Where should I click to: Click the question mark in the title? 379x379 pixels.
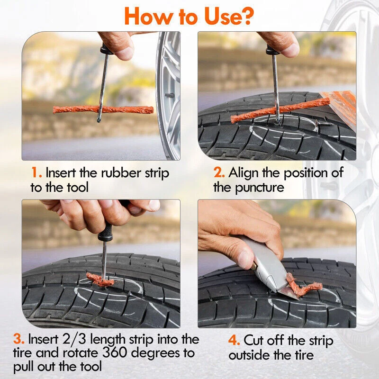point(246,16)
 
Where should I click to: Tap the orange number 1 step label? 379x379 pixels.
point(36,173)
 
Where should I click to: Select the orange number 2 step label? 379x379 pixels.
point(219,173)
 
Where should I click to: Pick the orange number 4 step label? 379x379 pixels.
point(234,340)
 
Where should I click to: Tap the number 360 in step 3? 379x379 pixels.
point(114,352)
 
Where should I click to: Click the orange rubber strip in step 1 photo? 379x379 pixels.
point(103,110)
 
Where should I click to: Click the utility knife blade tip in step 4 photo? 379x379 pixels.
point(298,299)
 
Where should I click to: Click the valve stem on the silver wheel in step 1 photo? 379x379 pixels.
point(170,95)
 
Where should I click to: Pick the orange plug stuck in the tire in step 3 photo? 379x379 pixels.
point(99,280)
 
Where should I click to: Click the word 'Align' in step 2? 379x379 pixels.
point(243,173)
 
